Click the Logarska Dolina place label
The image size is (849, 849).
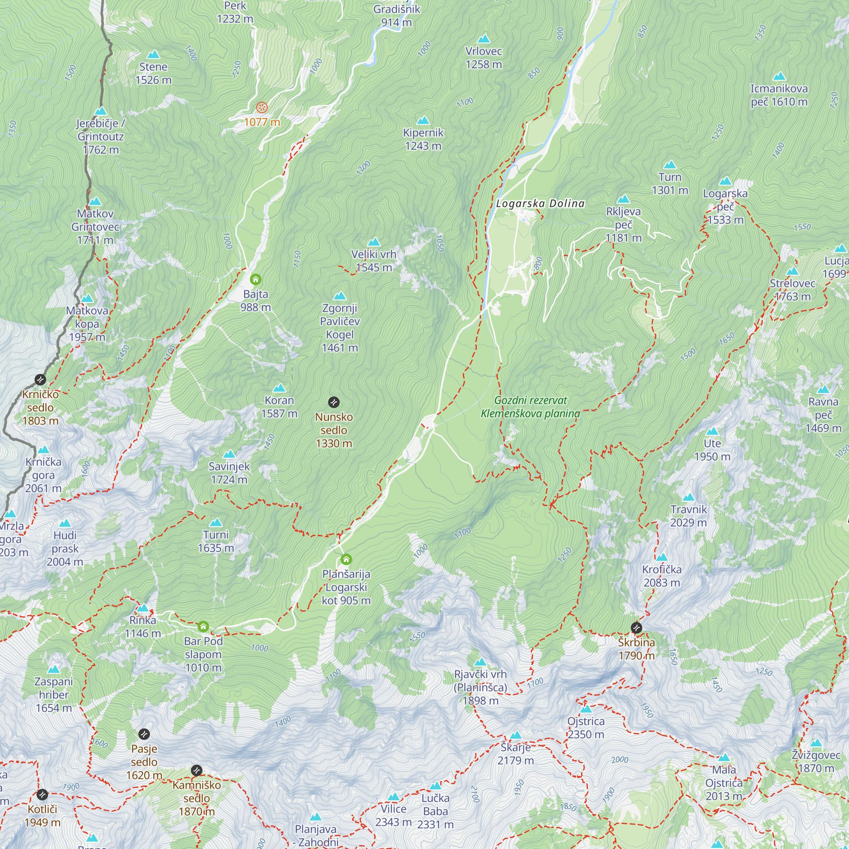(540, 203)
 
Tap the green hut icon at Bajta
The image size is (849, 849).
(256, 279)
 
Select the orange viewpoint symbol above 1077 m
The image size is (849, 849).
(262, 107)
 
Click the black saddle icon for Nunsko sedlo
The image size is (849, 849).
(334, 402)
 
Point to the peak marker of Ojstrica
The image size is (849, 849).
(586, 709)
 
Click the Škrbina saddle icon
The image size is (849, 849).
(636, 627)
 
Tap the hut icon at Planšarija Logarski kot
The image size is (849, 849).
(346, 559)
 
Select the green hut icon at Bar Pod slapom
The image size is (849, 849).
(203, 626)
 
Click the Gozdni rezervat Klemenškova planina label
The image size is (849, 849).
(530, 407)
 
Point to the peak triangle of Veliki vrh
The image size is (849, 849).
(374, 242)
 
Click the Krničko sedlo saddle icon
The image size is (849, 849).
(40, 379)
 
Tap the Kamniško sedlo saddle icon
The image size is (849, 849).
(197, 770)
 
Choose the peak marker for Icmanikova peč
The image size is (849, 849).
(779, 76)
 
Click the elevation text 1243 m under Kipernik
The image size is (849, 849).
(423, 146)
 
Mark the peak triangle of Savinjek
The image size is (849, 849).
(229, 454)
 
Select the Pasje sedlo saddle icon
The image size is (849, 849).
(144, 734)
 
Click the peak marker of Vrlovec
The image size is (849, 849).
(484, 39)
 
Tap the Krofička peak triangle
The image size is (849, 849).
(662, 558)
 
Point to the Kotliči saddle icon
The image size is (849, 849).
(42, 795)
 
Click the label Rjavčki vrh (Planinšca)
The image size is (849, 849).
(480, 681)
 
